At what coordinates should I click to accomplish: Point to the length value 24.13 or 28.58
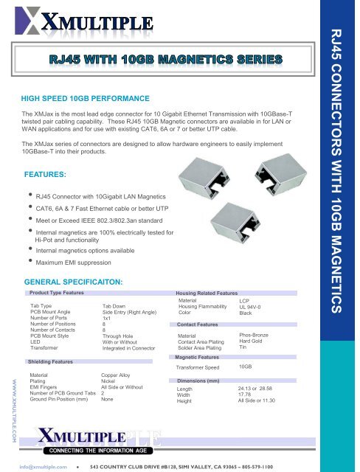261,388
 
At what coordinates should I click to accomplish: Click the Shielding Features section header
50,362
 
